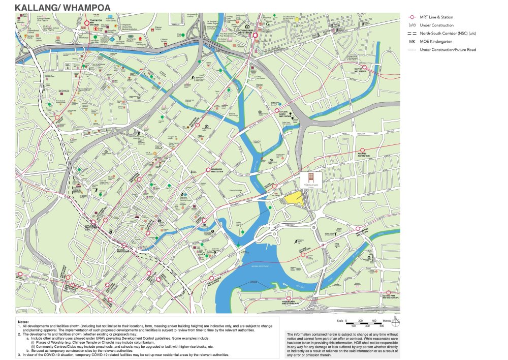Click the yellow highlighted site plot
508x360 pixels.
pyautogui.click(x=295, y=199)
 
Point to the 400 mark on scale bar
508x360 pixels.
pyautogui.click(x=374, y=321)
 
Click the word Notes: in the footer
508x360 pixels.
pyautogui.click(x=23, y=322)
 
